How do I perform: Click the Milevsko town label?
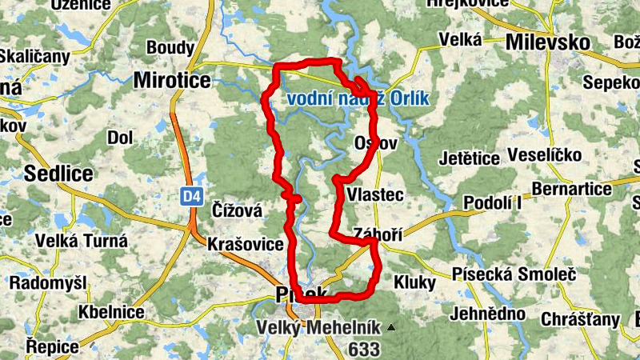click(x=547, y=42)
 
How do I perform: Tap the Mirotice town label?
click(x=172, y=80)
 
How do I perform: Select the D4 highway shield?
click(x=190, y=195)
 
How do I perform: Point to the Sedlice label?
click(x=58, y=173)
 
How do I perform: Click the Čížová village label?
click(x=237, y=210)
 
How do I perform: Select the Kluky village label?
click(x=414, y=282)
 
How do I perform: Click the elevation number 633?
click(x=364, y=349)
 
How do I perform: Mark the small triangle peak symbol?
click(x=390, y=327)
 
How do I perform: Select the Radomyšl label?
click(x=47, y=282)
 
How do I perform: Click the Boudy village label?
click(x=170, y=48)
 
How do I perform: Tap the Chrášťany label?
click(x=580, y=319)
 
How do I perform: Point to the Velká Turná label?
click(x=82, y=240)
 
